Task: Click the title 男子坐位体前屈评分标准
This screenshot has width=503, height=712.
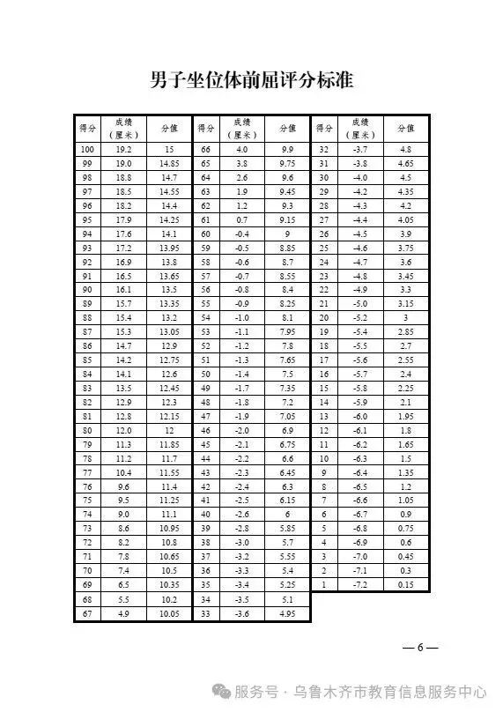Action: click(251, 80)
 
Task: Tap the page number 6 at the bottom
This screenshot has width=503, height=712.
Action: click(420, 648)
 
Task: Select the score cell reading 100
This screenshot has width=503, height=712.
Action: click(87, 150)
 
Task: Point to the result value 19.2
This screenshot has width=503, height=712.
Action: click(123, 150)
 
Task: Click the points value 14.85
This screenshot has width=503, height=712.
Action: click(169, 164)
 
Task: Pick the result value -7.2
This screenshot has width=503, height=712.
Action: click(359, 584)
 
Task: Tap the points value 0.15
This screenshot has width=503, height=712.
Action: click(406, 584)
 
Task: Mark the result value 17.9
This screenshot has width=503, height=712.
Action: click(123, 219)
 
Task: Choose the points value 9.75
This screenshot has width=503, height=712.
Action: click(287, 164)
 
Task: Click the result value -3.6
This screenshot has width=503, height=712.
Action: click(241, 612)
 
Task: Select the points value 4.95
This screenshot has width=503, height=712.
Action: click(287, 612)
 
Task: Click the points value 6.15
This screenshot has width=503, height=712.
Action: click(287, 500)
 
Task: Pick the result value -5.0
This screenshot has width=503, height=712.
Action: click(359, 303)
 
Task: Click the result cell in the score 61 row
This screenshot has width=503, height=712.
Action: click(241, 219)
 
